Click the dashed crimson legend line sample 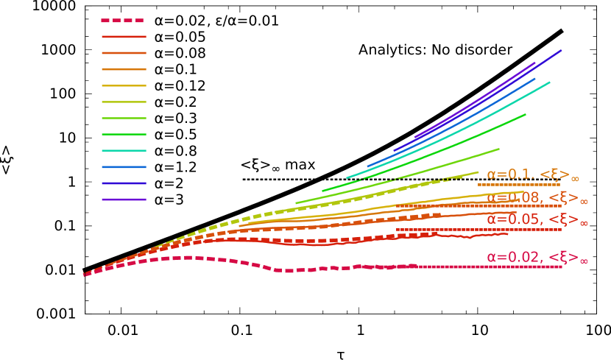123,21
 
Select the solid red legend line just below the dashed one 123,37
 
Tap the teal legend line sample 123,151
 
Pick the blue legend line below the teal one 123,167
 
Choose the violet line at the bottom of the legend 123,200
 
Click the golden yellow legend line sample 123,85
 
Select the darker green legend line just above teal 123,135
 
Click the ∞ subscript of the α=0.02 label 583,261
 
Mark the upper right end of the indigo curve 560,51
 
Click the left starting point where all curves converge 85,274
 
